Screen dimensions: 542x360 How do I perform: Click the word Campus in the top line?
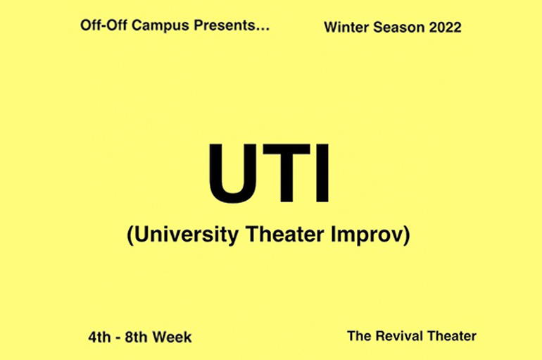coord(160,26)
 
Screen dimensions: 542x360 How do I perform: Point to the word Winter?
coord(346,27)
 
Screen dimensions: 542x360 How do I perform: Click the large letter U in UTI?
coord(233,173)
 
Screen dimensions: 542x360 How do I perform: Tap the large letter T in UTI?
coord(286,173)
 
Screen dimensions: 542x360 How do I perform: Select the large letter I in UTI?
coord(322,173)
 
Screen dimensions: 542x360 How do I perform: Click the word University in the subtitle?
coord(187,235)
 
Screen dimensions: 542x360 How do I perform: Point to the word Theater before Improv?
coord(285,234)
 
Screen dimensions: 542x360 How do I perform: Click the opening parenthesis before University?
coord(130,235)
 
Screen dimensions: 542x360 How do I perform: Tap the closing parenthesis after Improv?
coord(407,235)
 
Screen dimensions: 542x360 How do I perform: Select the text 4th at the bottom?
coord(99,337)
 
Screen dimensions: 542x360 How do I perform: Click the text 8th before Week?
coord(136,337)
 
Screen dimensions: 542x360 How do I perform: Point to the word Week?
coord(172,337)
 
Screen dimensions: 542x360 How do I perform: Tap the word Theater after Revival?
coord(451,336)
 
